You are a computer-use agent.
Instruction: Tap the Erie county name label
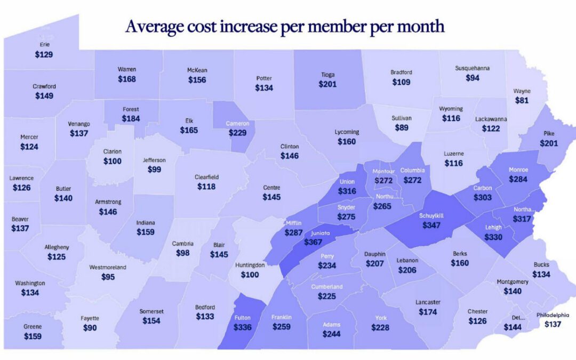[x=45, y=44]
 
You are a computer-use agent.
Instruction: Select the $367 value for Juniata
[x=314, y=242]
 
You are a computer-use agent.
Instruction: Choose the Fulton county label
[x=242, y=317]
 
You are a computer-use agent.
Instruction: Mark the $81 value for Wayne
[x=522, y=100]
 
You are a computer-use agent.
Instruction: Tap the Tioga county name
[x=327, y=75]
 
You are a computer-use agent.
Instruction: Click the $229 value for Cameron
[x=237, y=133]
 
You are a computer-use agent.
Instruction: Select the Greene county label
[x=33, y=326]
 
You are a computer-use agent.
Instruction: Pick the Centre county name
[x=271, y=188]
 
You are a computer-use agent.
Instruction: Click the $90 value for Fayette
[x=90, y=328]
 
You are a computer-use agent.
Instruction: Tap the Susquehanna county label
[x=472, y=68]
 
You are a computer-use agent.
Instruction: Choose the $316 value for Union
[x=347, y=191]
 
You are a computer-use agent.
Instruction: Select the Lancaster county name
[x=428, y=302]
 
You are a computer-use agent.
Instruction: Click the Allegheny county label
[x=57, y=247]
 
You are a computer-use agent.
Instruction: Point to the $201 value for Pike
[x=549, y=143]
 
